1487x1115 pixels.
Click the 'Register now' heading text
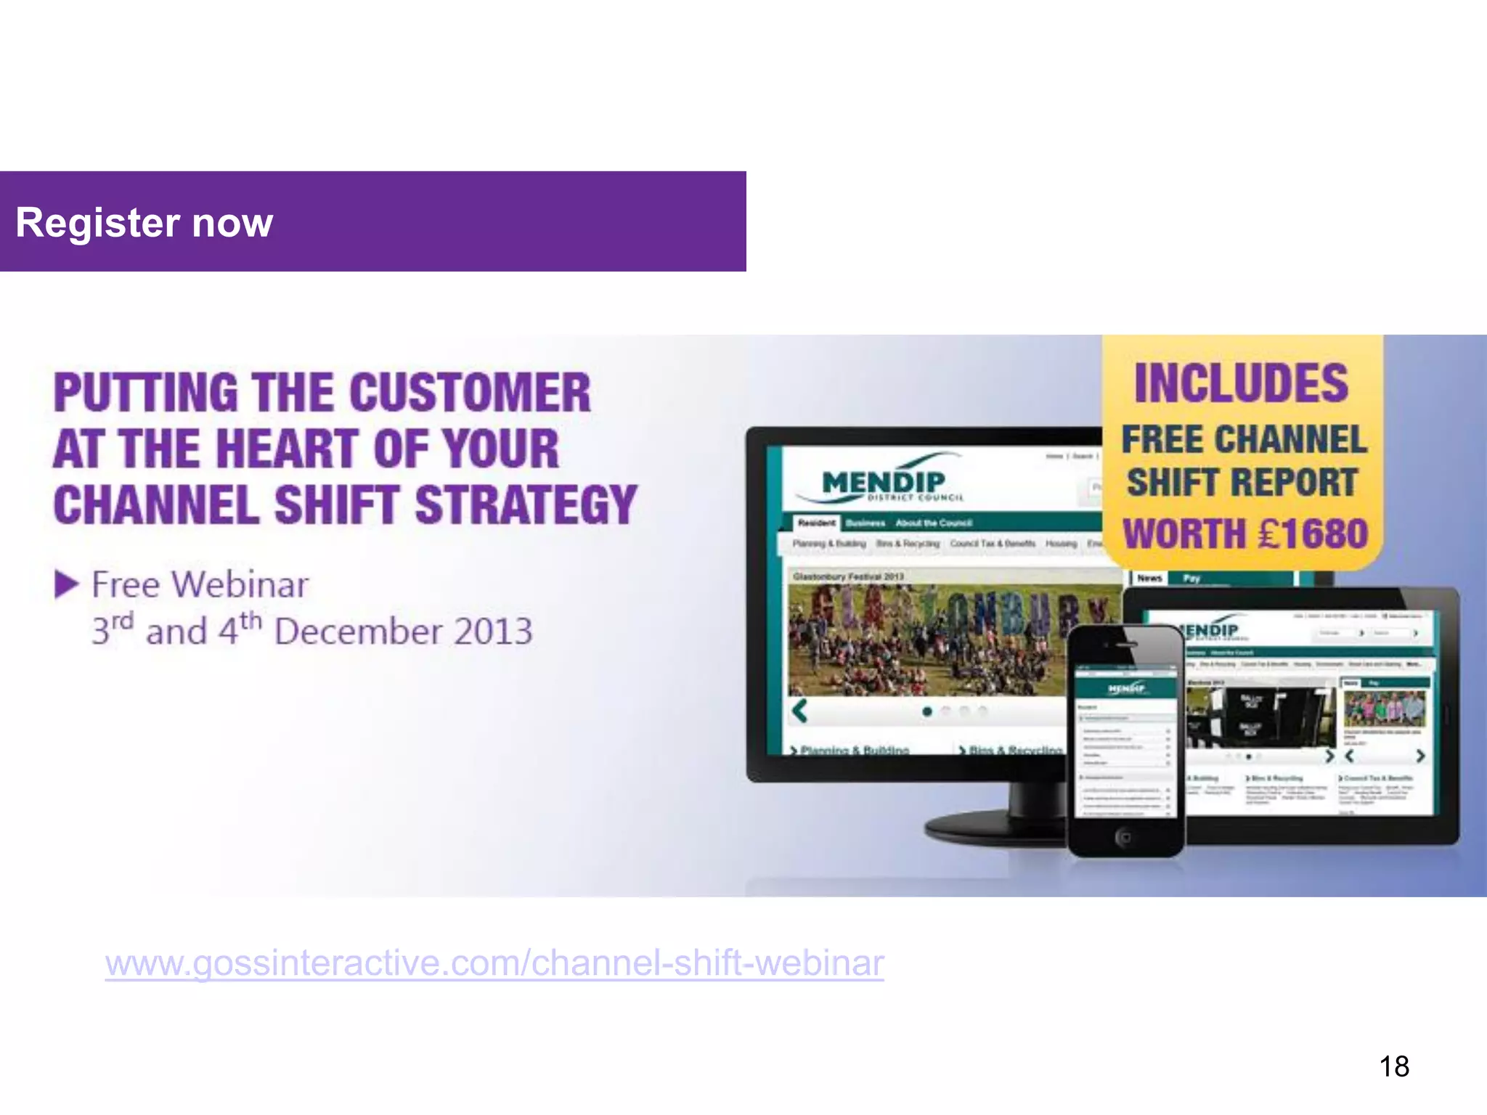(x=144, y=222)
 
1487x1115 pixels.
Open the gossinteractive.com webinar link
(x=494, y=963)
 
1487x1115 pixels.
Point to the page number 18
(x=1393, y=1066)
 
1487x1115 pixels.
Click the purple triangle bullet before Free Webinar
(x=66, y=584)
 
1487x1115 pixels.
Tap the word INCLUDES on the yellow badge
(x=1241, y=383)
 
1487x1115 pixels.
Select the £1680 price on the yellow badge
(x=1313, y=534)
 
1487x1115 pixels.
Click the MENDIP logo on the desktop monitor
(x=883, y=481)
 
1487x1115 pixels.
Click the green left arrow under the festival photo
(x=800, y=711)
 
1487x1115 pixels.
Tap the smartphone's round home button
(x=1123, y=838)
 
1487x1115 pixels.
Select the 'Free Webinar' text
(x=200, y=584)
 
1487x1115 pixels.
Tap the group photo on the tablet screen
(x=1384, y=708)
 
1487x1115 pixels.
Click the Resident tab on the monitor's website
(x=816, y=523)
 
